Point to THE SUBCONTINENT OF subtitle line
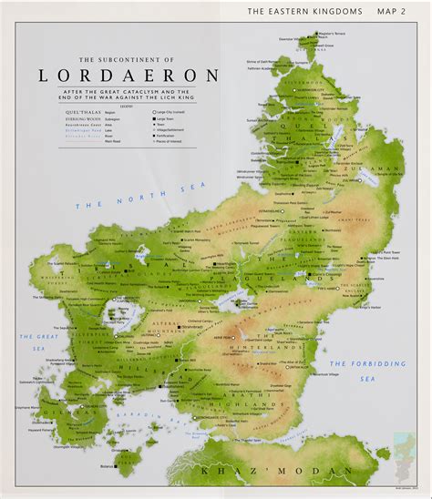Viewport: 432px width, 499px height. click(x=128, y=57)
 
